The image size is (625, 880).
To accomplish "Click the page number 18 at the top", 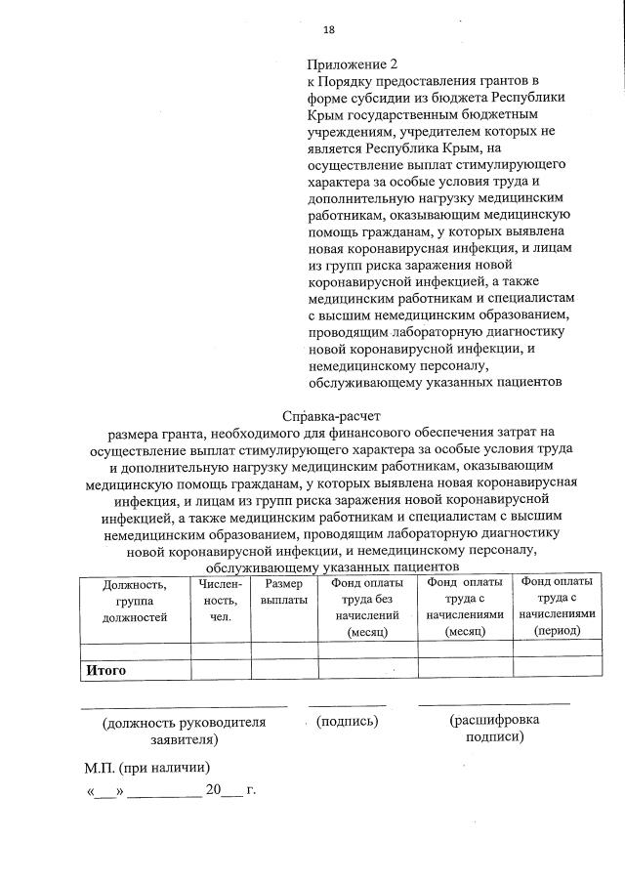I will [x=315, y=30].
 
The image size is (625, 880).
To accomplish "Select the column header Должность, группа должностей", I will [x=135, y=600].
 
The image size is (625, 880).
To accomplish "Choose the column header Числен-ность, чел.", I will [x=220, y=600].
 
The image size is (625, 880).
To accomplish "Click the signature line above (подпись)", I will [x=348, y=704].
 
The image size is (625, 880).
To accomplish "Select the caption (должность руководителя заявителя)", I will [x=184, y=732].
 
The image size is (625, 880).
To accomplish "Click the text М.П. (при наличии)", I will [x=147, y=767].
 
